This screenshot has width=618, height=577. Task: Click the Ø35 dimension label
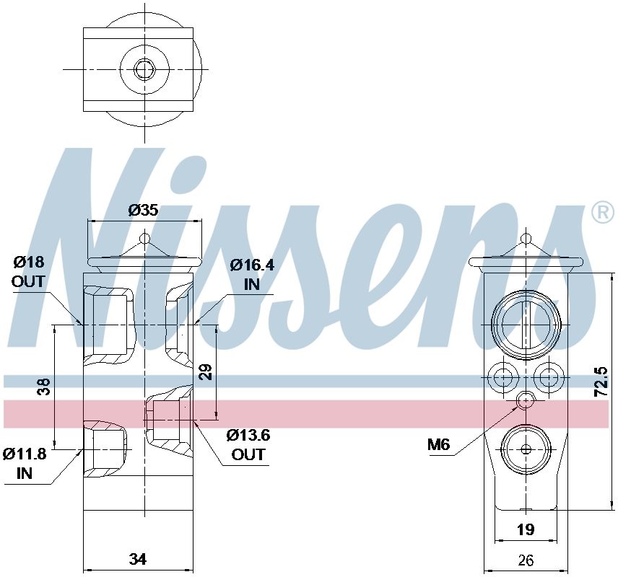(143, 211)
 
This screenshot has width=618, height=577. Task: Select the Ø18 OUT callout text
(28, 271)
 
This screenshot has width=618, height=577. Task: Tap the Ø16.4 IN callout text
(252, 274)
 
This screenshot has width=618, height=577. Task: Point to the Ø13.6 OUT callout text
(248, 444)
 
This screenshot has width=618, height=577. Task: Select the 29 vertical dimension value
(206, 372)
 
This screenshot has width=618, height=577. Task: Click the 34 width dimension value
(138, 559)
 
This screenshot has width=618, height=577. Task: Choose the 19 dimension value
(526, 530)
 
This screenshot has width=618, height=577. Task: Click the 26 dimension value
(526, 559)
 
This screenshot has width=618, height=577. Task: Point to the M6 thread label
(438, 445)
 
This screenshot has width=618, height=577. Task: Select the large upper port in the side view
(526, 322)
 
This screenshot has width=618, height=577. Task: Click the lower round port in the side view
(526, 449)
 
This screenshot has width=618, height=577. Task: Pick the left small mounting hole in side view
(502, 375)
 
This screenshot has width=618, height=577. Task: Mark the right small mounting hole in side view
(549, 375)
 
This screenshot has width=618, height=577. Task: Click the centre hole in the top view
(145, 69)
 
